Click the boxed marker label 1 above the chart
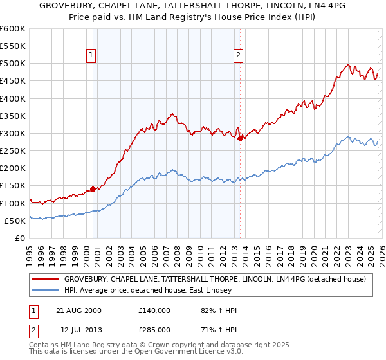coord(91,56)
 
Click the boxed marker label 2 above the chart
coord(238,56)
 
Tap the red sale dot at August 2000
coord(93,189)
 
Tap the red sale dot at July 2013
coord(240,138)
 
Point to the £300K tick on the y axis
coord(13,133)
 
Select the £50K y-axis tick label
coord(15,221)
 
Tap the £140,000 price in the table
coord(154,310)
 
